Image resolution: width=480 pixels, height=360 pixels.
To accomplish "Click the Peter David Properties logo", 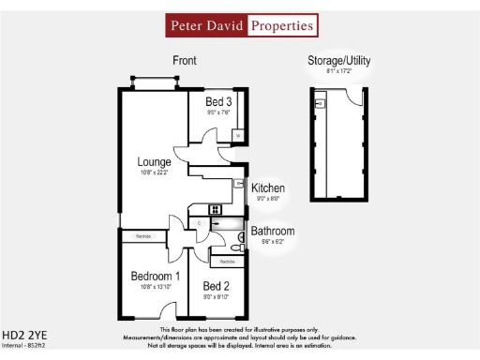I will pos(241,25).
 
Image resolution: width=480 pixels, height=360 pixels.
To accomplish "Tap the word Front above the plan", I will pos(185,61).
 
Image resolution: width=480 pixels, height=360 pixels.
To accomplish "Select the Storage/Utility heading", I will pos(339,61).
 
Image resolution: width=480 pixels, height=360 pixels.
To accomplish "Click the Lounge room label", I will pos(153,162).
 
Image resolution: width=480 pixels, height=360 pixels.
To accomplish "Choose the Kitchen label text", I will pos(267,188).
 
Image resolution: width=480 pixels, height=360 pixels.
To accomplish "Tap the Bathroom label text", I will pos(273,231).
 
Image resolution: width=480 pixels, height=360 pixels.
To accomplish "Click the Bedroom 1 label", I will pos(155,277).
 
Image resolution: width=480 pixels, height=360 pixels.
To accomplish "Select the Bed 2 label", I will pos(217,286).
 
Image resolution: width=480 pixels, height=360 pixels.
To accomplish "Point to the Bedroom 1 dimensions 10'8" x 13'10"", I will pos(154,288).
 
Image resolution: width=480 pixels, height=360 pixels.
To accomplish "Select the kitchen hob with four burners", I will pos(216,209).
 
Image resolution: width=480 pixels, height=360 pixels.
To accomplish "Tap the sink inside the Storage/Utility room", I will pos(320,104).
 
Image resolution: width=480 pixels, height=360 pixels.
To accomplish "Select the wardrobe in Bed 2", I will pos(227,262).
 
